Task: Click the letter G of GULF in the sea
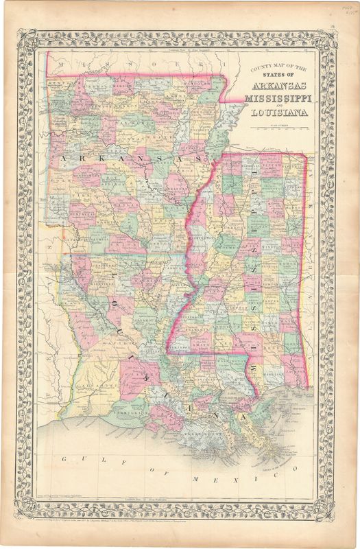point(63,458)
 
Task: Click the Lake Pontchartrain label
point(230,397)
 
